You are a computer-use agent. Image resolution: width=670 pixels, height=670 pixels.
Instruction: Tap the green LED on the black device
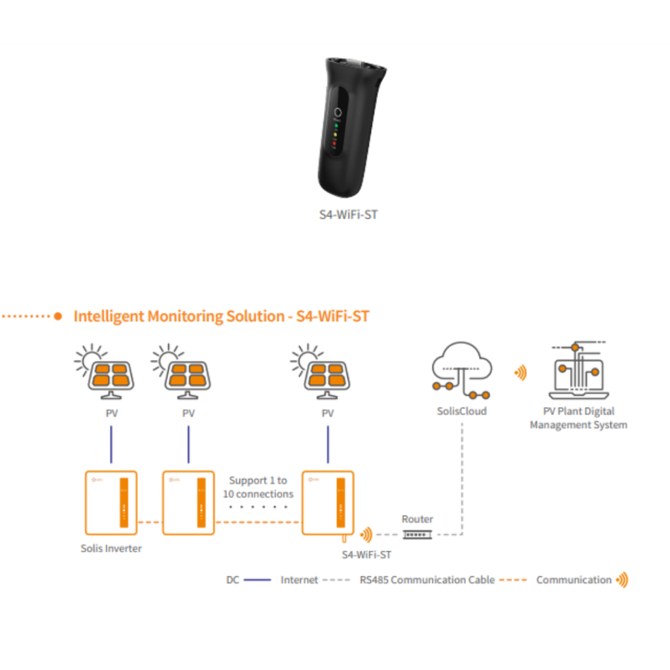pyautogui.click(x=336, y=126)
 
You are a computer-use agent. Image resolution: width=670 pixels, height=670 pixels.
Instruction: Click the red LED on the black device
pyautogui.click(x=334, y=143)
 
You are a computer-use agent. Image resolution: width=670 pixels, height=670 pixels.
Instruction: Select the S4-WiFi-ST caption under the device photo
pyautogui.click(x=348, y=215)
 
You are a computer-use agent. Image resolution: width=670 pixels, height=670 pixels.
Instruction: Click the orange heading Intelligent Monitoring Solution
pyautogui.click(x=221, y=316)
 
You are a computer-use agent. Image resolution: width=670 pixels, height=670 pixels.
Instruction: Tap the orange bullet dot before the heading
pyautogui.click(x=58, y=316)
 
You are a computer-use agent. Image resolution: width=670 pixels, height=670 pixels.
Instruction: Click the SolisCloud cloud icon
pyautogui.click(x=461, y=370)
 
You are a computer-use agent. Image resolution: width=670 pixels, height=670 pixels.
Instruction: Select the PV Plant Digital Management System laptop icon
pyautogui.click(x=578, y=370)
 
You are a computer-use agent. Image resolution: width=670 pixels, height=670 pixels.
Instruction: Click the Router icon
pyautogui.click(x=417, y=535)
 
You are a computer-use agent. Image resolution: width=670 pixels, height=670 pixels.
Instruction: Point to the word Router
pyautogui.click(x=417, y=519)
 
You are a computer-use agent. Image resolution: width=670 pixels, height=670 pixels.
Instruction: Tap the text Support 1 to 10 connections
pyautogui.click(x=258, y=487)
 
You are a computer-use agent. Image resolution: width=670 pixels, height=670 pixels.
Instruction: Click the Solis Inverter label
pyautogui.click(x=111, y=548)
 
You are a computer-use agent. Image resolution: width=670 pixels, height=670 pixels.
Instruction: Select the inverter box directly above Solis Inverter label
pyautogui.click(x=111, y=502)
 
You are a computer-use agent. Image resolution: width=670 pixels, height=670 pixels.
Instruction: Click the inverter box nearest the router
pyautogui.click(x=328, y=502)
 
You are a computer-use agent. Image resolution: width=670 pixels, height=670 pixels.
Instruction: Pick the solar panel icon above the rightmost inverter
pyautogui.click(x=321, y=372)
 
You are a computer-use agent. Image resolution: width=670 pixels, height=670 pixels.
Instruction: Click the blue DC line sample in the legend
pyautogui.click(x=257, y=580)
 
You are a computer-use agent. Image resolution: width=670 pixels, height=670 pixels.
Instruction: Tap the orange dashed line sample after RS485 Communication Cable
pyautogui.click(x=513, y=580)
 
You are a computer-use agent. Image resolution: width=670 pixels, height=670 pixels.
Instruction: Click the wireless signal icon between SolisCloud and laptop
pyautogui.click(x=520, y=373)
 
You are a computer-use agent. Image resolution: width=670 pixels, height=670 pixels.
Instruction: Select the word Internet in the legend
pyautogui.click(x=299, y=580)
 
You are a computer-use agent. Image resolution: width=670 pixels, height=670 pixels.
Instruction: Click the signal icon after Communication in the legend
pyautogui.click(x=622, y=580)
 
